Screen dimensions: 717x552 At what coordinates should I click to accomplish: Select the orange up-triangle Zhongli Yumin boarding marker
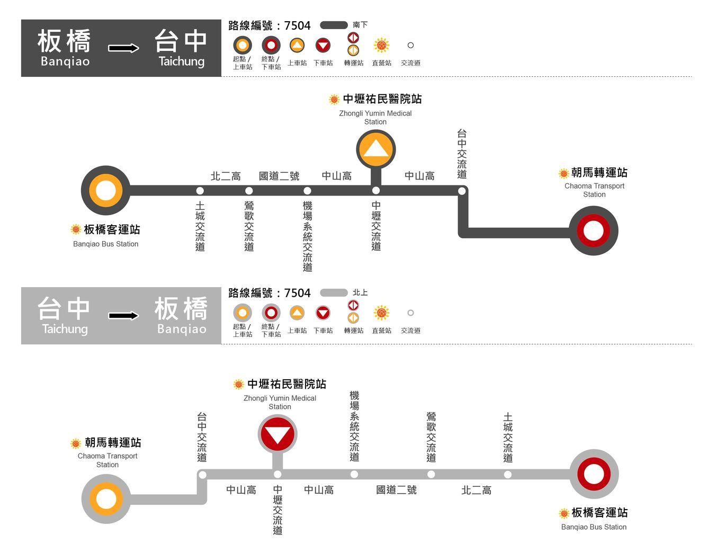tap(376, 149)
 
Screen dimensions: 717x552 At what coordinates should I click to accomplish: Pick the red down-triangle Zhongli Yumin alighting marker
tap(277, 434)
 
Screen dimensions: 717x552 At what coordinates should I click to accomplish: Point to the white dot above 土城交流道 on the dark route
tap(200, 191)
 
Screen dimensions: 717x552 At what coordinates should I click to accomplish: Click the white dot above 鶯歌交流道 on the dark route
tap(249, 191)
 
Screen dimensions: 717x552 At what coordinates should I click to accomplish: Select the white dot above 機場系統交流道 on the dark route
tap(307, 191)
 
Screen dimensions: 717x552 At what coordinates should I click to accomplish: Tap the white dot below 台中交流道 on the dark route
tap(462, 191)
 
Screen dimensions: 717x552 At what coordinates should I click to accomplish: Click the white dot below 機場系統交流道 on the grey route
tap(354, 475)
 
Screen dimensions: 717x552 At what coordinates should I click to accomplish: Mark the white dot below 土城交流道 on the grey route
tap(508, 475)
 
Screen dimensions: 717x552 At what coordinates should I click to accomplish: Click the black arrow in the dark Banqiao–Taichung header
tap(124, 48)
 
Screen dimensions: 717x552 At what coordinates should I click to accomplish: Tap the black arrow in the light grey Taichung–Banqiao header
tap(124, 316)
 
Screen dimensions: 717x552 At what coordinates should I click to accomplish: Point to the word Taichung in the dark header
tap(182, 61)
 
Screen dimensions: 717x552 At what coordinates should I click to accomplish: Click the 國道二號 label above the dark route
tap(279, 176)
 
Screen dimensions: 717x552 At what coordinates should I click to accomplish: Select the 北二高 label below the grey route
tap(477, 491)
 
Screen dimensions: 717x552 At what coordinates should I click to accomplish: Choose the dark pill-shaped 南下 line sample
tap(334, 25)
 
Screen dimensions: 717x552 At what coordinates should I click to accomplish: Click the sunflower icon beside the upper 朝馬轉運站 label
tap(564, 173)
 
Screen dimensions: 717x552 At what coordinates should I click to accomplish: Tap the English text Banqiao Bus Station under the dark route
tap(105, 244)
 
